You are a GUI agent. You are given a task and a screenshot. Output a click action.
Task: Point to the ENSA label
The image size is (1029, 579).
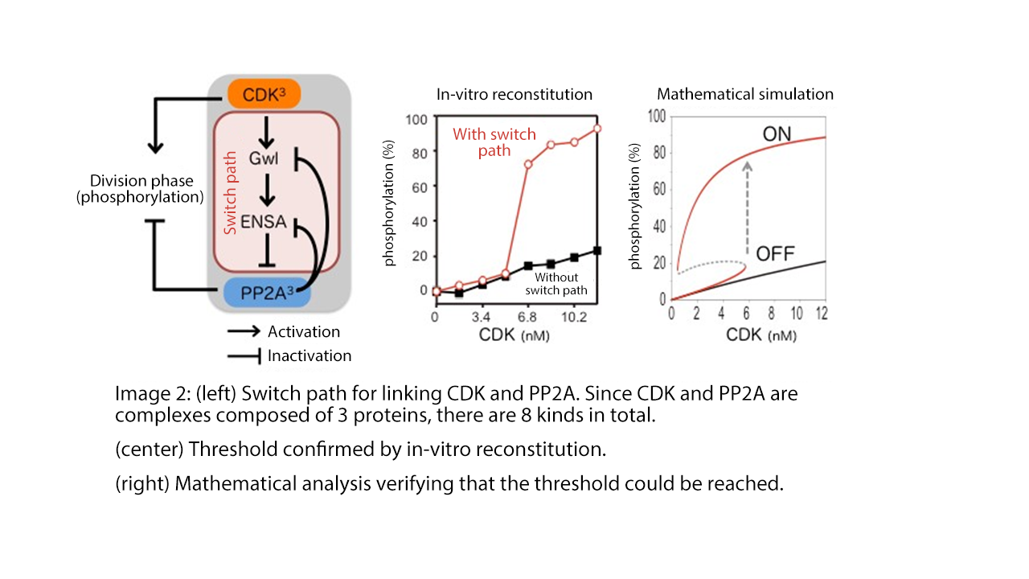coord(263,222)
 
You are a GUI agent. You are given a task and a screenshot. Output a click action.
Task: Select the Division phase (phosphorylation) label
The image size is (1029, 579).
coord(140,189)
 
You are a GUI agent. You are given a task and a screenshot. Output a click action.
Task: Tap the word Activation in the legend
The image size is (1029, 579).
coord(304,331)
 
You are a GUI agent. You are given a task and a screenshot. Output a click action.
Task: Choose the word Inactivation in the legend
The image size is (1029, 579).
coord(310,355)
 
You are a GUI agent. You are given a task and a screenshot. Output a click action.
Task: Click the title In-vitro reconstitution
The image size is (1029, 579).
coord(514,94)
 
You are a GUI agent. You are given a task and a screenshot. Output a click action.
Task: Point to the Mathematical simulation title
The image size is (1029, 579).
coord(745,94)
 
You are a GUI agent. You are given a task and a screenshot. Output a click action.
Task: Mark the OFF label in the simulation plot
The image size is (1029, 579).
coord(775,255)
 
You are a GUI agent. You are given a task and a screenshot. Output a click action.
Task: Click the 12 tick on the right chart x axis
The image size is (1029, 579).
coord(822,312)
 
